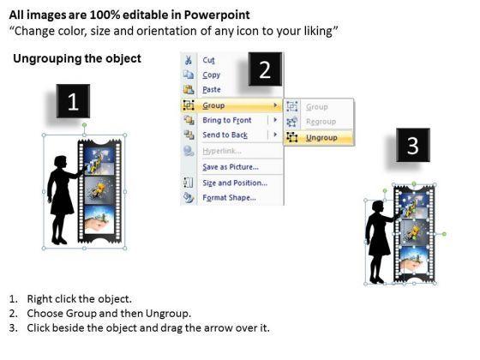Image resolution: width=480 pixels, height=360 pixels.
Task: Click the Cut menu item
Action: coord(208,60)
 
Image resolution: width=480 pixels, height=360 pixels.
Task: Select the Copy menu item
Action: coord(211,75)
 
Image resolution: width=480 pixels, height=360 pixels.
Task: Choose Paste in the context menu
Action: coord(212,90)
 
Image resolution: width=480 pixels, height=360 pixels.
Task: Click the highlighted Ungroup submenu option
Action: coord(321,138)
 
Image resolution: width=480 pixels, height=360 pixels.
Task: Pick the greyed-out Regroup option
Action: coord(321,122)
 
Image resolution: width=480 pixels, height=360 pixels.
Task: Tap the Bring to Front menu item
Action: coord(227,120)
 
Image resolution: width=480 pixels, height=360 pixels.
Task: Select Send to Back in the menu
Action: coord(225,135)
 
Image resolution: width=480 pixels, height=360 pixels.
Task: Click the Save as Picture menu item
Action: coord(231,167)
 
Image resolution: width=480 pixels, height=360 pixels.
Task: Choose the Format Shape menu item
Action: coord(230,198)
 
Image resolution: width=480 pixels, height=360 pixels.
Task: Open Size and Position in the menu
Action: coord(235,183)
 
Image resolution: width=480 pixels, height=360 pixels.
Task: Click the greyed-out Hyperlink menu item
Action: coord(222,151)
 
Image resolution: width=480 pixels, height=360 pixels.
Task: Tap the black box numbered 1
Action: coord(73,101)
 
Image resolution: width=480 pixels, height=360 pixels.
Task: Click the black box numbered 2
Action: coord(265,69)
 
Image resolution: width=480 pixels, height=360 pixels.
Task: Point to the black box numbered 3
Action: coord(413,145)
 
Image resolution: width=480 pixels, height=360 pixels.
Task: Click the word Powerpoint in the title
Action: coord(217,15)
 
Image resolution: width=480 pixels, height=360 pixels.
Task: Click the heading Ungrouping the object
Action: coord(77,58)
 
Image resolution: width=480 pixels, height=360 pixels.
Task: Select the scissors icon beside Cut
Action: coord(189,60)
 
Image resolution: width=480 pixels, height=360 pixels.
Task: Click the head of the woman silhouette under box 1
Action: coord(61,162)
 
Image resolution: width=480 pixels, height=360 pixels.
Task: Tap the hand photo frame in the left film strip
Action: coord(99,219)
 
